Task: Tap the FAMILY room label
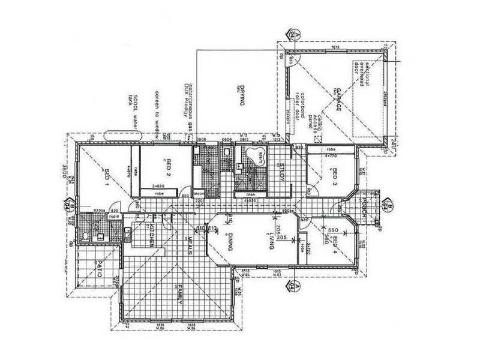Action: [x=179, y=296]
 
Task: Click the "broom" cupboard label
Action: [x=199, y=194]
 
